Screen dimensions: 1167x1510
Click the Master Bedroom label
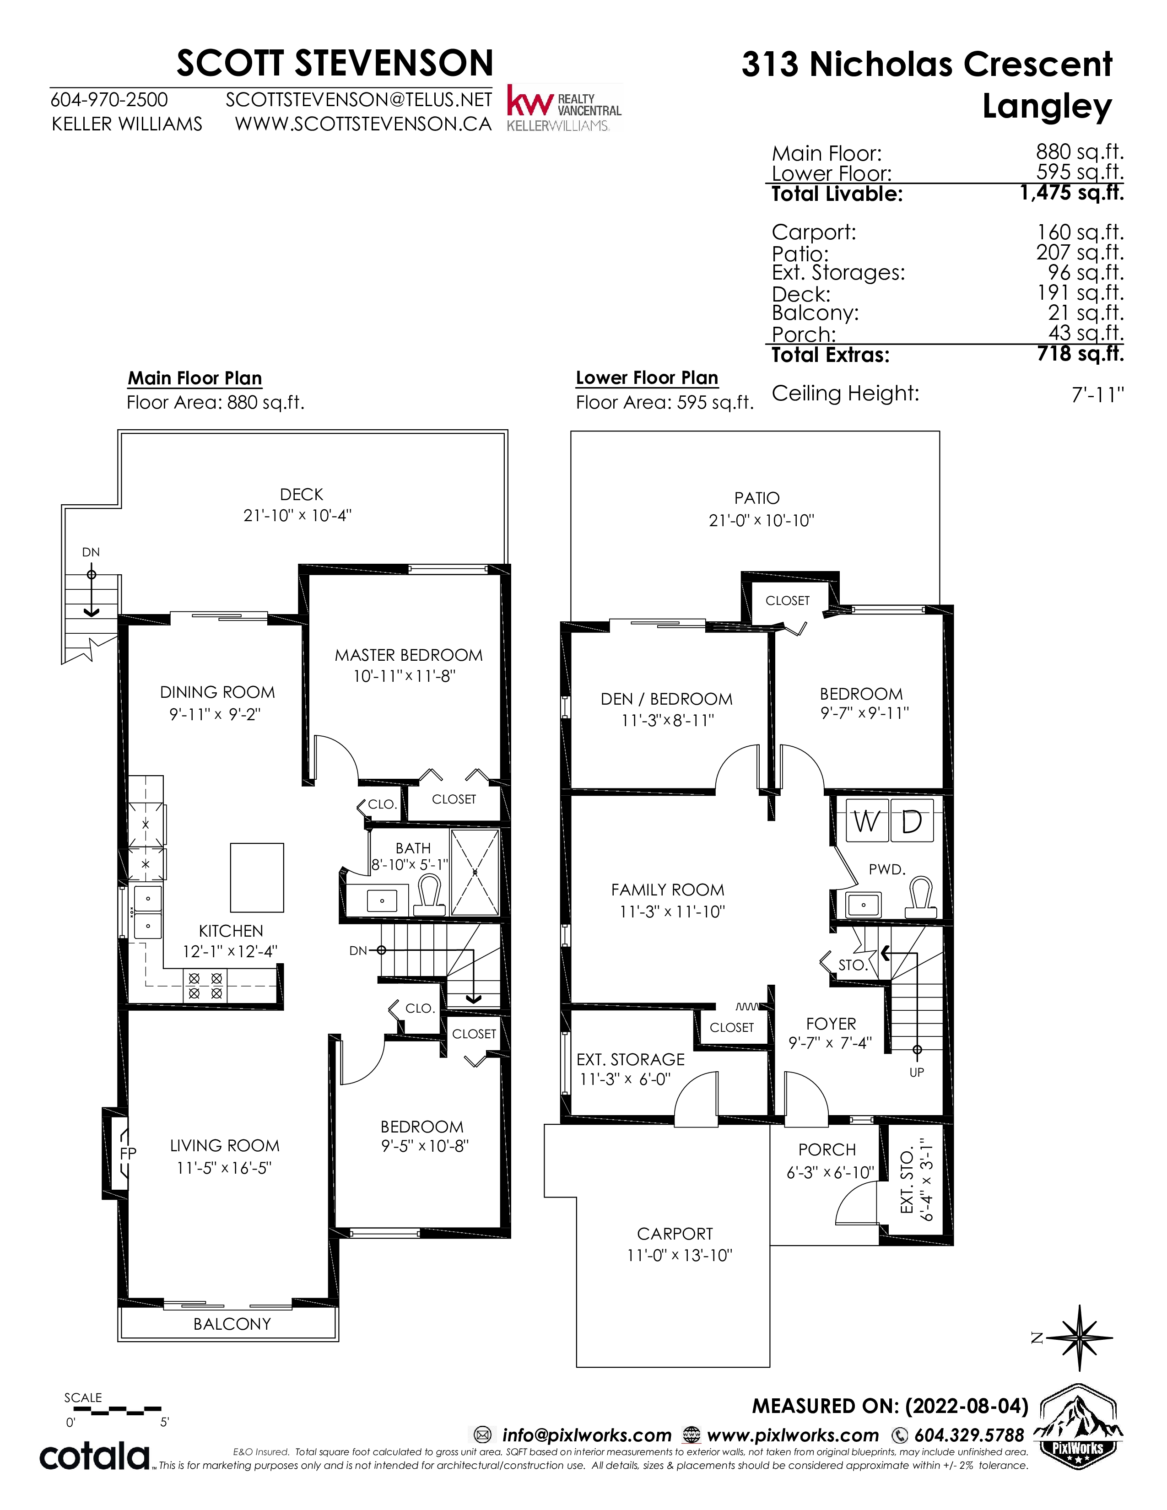tap(409, 655)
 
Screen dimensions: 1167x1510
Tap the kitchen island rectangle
tap(256, 877)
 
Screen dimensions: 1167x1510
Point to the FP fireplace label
tap(128, 1153)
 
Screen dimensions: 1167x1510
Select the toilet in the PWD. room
tap(922, 897)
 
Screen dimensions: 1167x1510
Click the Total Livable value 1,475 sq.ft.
tap(1072, 193)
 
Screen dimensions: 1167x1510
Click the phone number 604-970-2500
tap(109, 100)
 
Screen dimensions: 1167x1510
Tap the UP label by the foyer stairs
tap(917, 1073)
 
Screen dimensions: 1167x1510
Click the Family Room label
tap(668, 890)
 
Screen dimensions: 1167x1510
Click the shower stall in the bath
tap(475, 873)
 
